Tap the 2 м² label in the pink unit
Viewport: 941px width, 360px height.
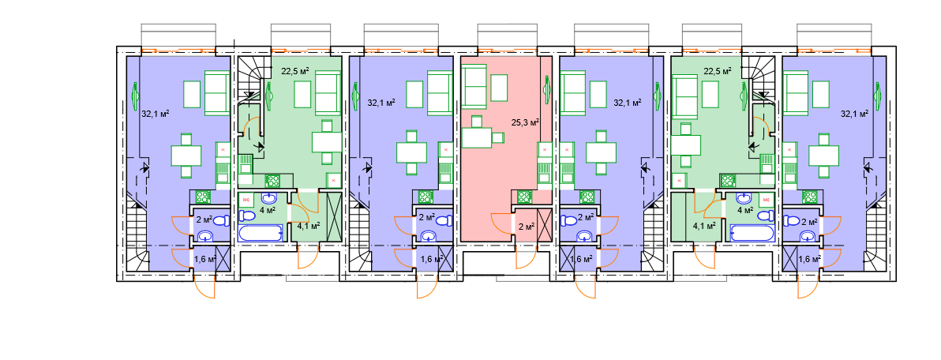tap(526, 227)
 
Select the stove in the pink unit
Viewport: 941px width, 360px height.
tap(523, 197)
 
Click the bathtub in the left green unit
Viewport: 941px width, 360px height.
tap(261, 234)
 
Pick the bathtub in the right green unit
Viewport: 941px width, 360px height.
tap(752, 234)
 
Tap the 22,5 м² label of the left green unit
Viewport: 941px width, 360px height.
tap(295, 71)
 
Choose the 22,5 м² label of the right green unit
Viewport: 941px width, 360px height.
tap(717, 71)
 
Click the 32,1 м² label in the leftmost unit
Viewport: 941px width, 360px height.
tap(155, 113)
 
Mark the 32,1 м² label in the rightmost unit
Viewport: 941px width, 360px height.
tap(855, 113)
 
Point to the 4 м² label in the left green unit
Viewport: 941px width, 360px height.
tap(268, 210)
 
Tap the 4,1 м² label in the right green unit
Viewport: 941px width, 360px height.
tap(703, 226)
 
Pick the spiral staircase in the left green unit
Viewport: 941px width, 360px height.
tap(249, 78)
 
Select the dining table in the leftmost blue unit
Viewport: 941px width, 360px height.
tap(186, 156)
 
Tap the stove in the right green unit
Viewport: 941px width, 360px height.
tap(729, 181)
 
